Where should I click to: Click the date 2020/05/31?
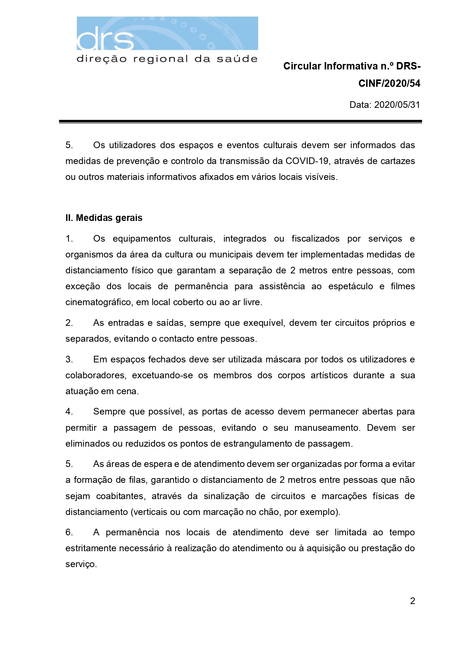tap(397, 105)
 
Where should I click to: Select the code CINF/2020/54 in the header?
tap(389, 83)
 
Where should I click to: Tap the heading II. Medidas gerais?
tap(104, 218)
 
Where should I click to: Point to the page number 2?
tap(412, 601)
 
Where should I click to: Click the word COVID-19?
tap(308, 161)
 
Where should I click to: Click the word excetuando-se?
tap(162, 375)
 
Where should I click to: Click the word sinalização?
tap(226, 496)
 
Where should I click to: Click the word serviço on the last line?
tap(81, 565)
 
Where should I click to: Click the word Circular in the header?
tap(302, 66)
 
